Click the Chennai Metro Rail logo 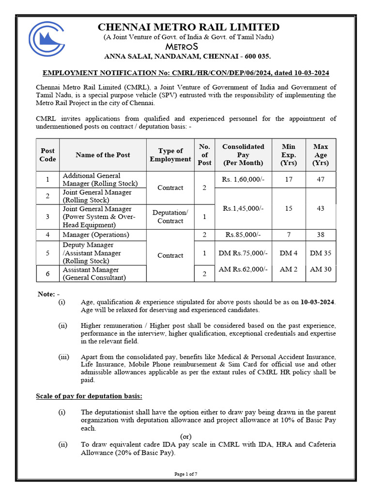click(x=50, y=39)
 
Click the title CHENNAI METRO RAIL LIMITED click(x=188, y=27)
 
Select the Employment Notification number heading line click(x=186, y=73)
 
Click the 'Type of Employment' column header click(x=170, y=155)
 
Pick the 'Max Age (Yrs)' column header click(x=321, y=155)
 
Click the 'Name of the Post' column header click(x=103, y=155)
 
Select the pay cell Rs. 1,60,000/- click(x=243, y=179)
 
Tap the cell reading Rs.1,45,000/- click(x=243, y=208)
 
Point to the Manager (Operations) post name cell click(x=96, y=235)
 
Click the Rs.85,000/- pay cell click(x=243, y=235)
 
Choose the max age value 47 click(x=321, y=179)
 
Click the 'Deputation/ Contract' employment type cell click(x=170, y=217)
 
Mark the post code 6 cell click(x=47, y=274)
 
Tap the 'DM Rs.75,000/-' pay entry click(x=243, y=253)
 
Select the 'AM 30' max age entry click(x=321, y=269)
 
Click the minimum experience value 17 click(x=289, y=179)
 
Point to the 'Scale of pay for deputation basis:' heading click(x=89, y=396)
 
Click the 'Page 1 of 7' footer click(x=186, y=474)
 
